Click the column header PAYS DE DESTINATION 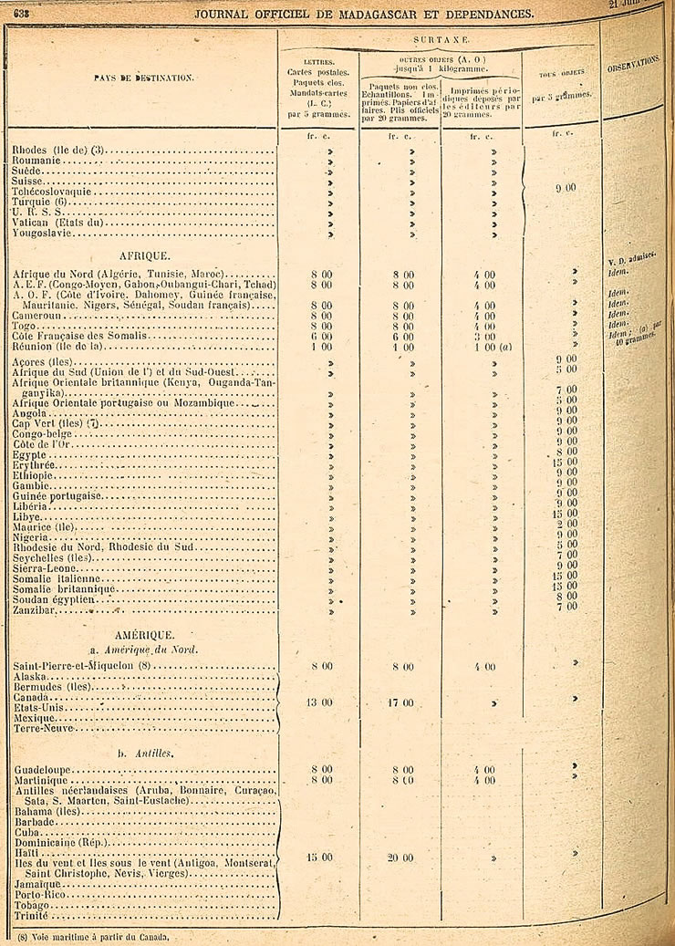[142, 78]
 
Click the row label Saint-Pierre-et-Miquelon [82, 666]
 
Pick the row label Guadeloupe [43, 770]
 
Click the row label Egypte [31, 452]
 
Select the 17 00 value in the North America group [401, 702]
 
